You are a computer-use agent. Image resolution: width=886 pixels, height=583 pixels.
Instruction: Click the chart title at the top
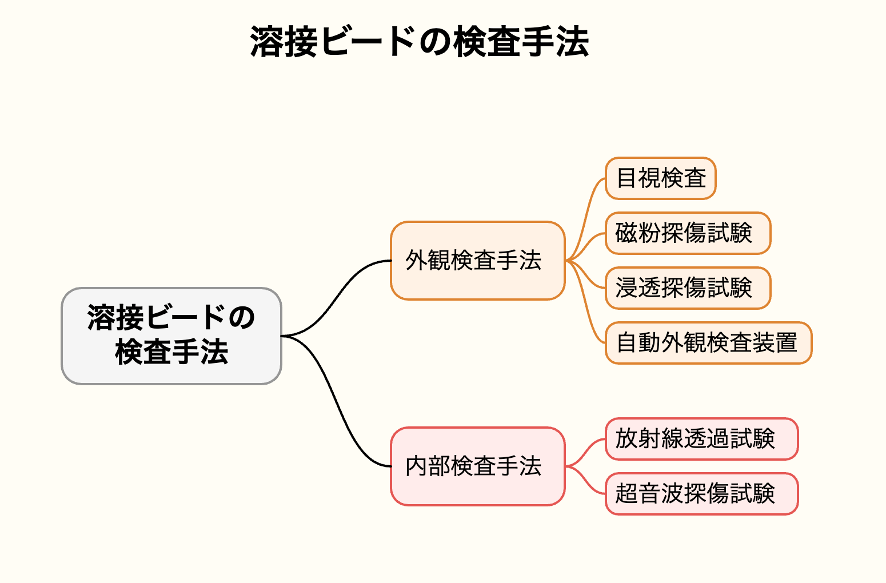pos(420,42)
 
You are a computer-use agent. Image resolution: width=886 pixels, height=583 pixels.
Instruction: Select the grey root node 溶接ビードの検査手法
pos(171,336)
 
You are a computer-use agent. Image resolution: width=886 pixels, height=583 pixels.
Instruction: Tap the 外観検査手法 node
pos(478,261)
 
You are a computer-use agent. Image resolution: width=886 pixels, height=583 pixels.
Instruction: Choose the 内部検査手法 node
pos(478,466)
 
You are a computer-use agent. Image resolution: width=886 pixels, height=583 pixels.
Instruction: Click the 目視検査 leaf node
pos(661,178)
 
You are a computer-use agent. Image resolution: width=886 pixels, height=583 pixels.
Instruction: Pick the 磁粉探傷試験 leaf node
pos(688,233)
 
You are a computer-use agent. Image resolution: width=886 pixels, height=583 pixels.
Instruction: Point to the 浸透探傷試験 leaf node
pos(688,288)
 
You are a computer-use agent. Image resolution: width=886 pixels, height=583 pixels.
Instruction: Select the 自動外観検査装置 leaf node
pos(708,342)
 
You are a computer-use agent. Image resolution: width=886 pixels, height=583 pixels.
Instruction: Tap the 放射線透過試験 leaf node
pos(702,439)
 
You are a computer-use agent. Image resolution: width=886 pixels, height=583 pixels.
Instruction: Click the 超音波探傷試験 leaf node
pos(702,494)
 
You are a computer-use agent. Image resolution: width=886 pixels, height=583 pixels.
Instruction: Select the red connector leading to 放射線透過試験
pos(585,453)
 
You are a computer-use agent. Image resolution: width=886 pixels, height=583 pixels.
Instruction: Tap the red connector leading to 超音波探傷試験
pos(585,480)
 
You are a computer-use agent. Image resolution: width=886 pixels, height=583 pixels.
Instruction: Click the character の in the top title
pos(436,42)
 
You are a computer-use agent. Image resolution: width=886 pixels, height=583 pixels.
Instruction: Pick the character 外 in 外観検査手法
pos(417,260)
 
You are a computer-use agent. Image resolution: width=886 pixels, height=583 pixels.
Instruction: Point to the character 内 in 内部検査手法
pos(417,466)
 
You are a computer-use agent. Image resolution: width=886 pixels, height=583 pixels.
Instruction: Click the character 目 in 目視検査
pos(626,178)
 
